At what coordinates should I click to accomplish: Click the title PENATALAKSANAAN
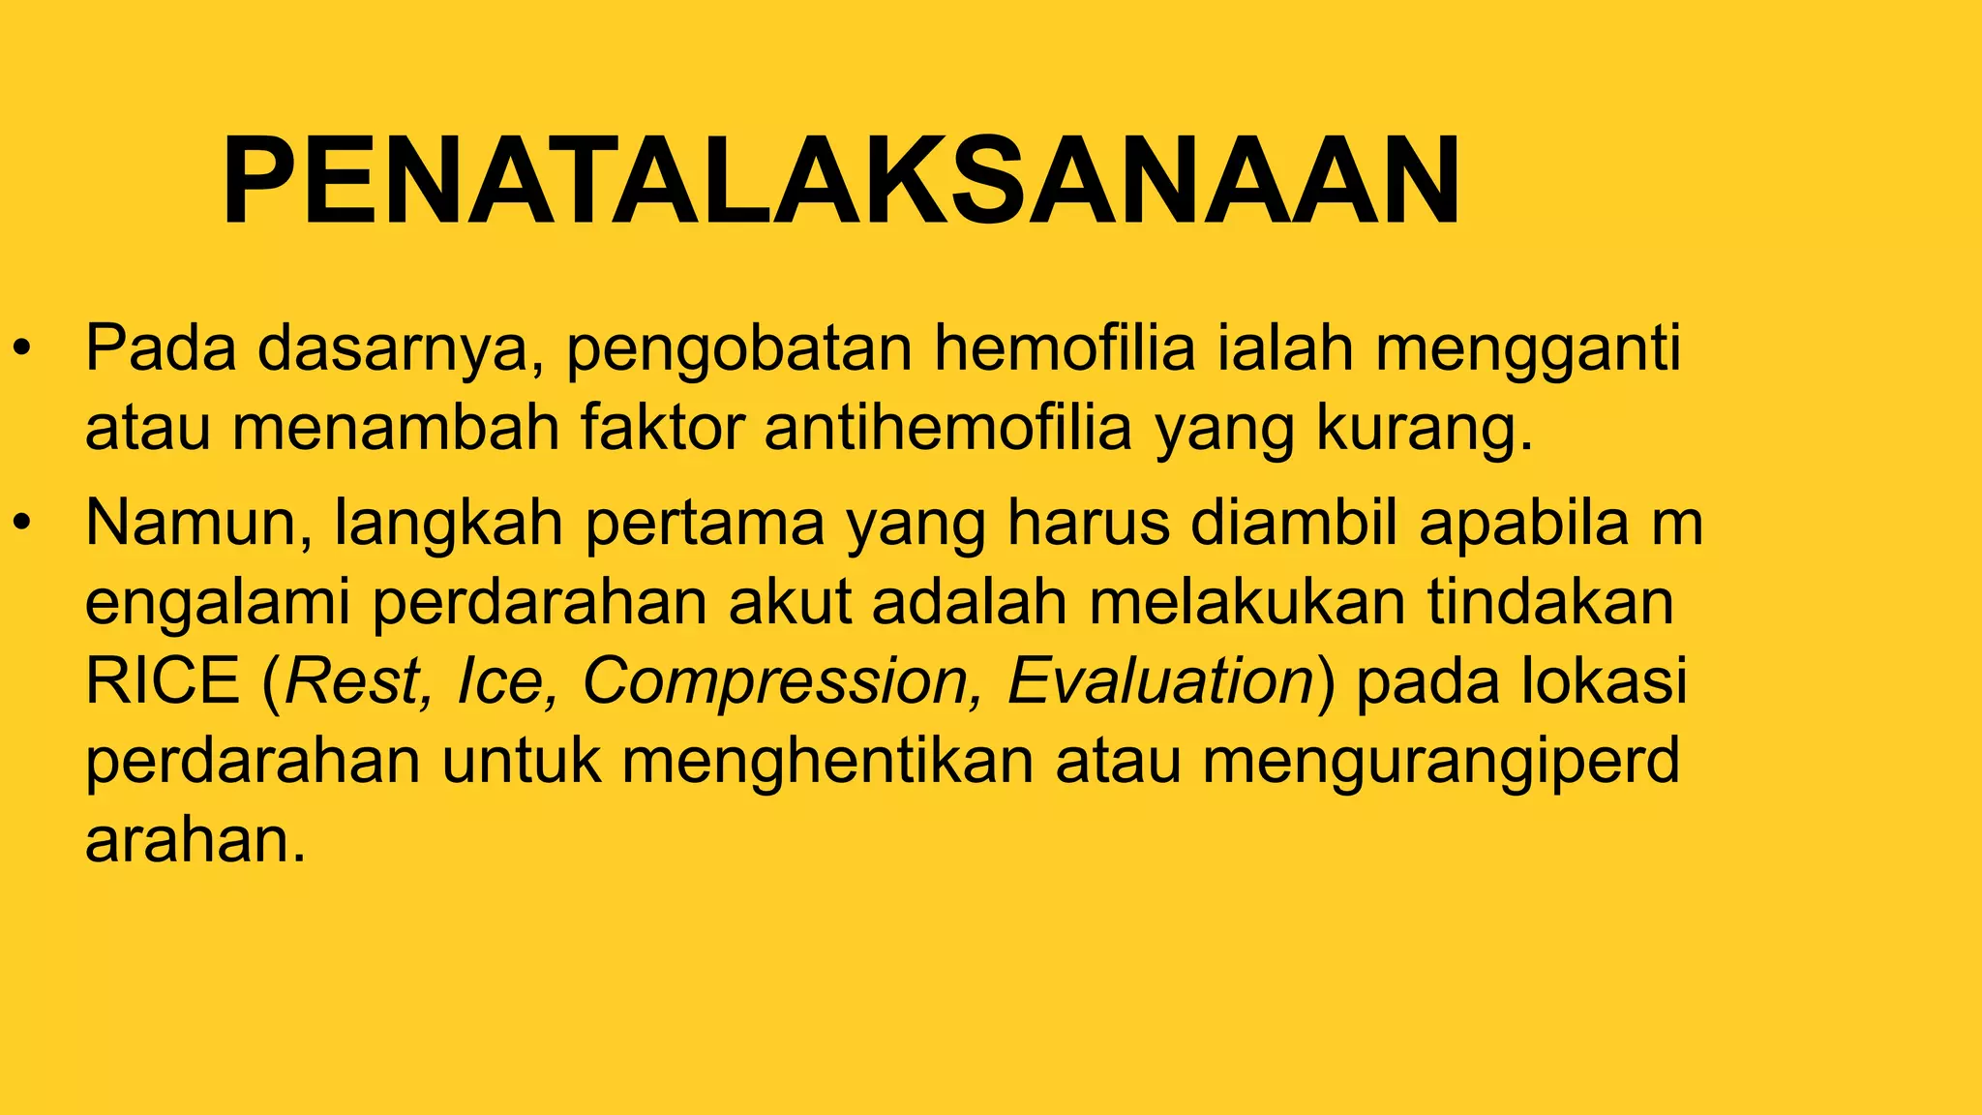(x=840, y=181)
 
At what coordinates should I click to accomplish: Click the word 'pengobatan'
(x=738, y=350)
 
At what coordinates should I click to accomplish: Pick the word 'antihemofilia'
(x=947, y=428)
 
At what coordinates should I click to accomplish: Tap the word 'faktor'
(x=662, y=428)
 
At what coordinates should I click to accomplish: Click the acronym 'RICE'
(x=163, y=681)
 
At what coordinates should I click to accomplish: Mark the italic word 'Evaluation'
(x=1159, y=681)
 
